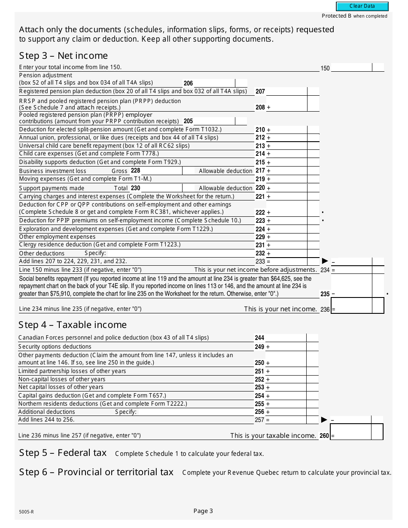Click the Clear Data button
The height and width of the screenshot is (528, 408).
pos(362,6)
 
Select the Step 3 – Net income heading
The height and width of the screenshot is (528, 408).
pos(63,56)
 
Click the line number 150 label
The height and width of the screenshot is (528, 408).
pos(325,68)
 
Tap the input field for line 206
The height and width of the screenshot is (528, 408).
pos(214,83)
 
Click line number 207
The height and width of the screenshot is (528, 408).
pos(260,91)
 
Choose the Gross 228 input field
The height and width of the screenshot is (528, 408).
pos(161,171)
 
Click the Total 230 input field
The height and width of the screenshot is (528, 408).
pos(161,188)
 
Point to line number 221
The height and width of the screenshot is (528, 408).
pos(260,197)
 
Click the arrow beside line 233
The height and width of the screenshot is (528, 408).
pos(325,261)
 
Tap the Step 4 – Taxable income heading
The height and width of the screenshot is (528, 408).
pos(73,325)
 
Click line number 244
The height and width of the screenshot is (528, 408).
pos(259,338)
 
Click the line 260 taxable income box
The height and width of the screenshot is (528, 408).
pos(350,432)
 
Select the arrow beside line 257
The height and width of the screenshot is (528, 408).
pos(324,420)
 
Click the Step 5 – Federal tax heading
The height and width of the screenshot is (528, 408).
pos(63,453)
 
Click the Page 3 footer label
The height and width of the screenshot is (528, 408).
pos(203,511)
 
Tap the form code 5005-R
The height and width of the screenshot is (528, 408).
pos(26,512)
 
